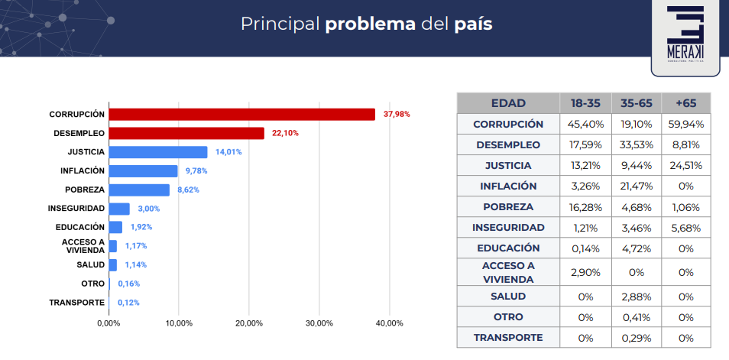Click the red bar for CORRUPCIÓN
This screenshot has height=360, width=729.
(x=241, y=114)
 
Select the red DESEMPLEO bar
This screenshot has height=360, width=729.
(x=186, y=133)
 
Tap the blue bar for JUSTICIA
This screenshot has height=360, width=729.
(x=158, y=152)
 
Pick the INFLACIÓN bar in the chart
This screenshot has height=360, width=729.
(x=144, y=170)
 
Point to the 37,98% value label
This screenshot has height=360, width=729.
(x=397, y=114)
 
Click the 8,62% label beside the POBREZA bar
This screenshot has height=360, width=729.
(x=188, y=190)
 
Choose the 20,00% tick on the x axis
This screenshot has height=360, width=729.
(x=249, y=323)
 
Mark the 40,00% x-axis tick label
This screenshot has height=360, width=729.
(x=389, y=323)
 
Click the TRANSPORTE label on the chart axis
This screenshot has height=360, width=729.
(x=76, y=302)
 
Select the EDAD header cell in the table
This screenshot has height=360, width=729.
(x=508, y=102)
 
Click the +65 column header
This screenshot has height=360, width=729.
(x=685, y=102)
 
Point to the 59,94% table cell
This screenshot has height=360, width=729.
(x=685, y=124)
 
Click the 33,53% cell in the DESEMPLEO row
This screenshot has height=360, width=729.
(x=636, y=144)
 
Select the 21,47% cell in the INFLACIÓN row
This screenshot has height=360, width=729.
(x=636, y=186)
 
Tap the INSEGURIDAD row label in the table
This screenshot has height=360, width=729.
(x=508, y=227)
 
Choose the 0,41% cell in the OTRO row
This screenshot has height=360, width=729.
(x=636, y=316)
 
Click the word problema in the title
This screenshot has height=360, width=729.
(x=370, y=24)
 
